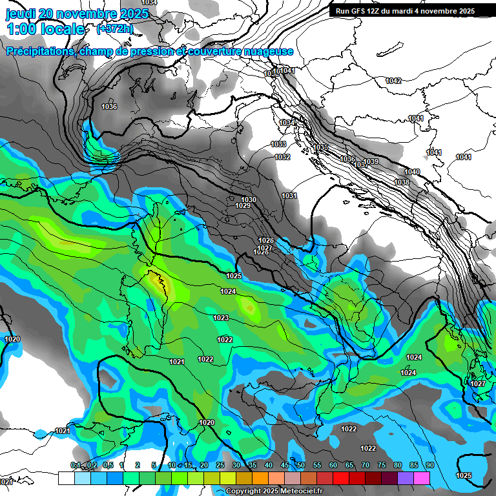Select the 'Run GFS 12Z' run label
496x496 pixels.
pyautogui.click(x=364, y=11)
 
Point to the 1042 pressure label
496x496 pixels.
pyautogui.click(x=393, y=81)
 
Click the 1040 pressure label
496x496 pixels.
pyautogui.click(x=412, y=172)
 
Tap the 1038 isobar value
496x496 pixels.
pyautogui.click(x=402, y=182)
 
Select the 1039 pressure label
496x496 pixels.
pyautogui.click(x=371, y=161)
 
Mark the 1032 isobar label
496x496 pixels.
pyautogui.click(x=282, y=157)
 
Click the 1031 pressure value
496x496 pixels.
pyautogui.click(x=289, y=196)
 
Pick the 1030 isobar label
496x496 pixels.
pyautogui.click(x=248, y=200)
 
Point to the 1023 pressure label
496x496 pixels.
pyautogui.click(x=221, y=318)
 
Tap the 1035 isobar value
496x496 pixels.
pyautogui.click(x=321, y=148)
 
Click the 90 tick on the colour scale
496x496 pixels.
pyautogui.click(x=429, y=465)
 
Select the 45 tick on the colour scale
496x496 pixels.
pyautogui.click(x=285, y=465)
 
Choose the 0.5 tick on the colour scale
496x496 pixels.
pyautogui.click(x=107, y=465)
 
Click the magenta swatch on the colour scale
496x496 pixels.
pyautogui.click(x=422, y=478)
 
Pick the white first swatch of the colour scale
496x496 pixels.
pyautogui.click(x=67, y=478)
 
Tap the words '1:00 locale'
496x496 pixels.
pyautogui.click(x=45, y=29)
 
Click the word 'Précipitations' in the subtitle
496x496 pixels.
pyautogui.click(x=39, y=52)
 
